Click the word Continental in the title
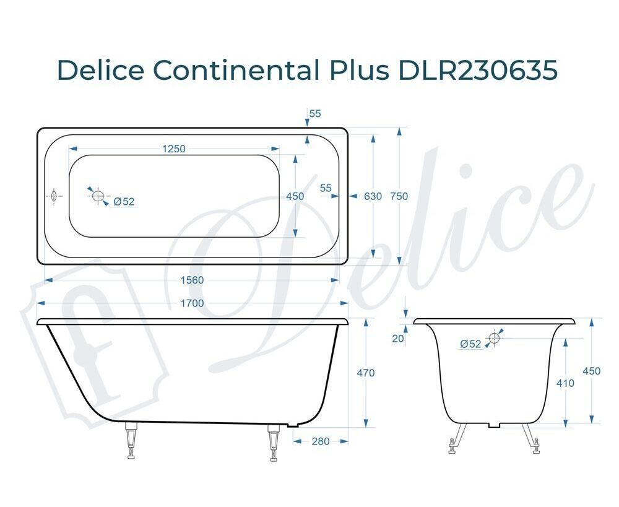[x=235, y=71]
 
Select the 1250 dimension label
[x=174, y=149]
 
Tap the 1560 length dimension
[x=192, y=280]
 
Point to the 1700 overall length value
[x=192, y=303]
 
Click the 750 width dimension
[x=399, y=196]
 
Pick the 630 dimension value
[x=373, y=196]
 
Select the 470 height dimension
[x=366, y=373]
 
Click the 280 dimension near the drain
[x=320, y=441]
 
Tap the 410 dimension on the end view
[x=565, y=383]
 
